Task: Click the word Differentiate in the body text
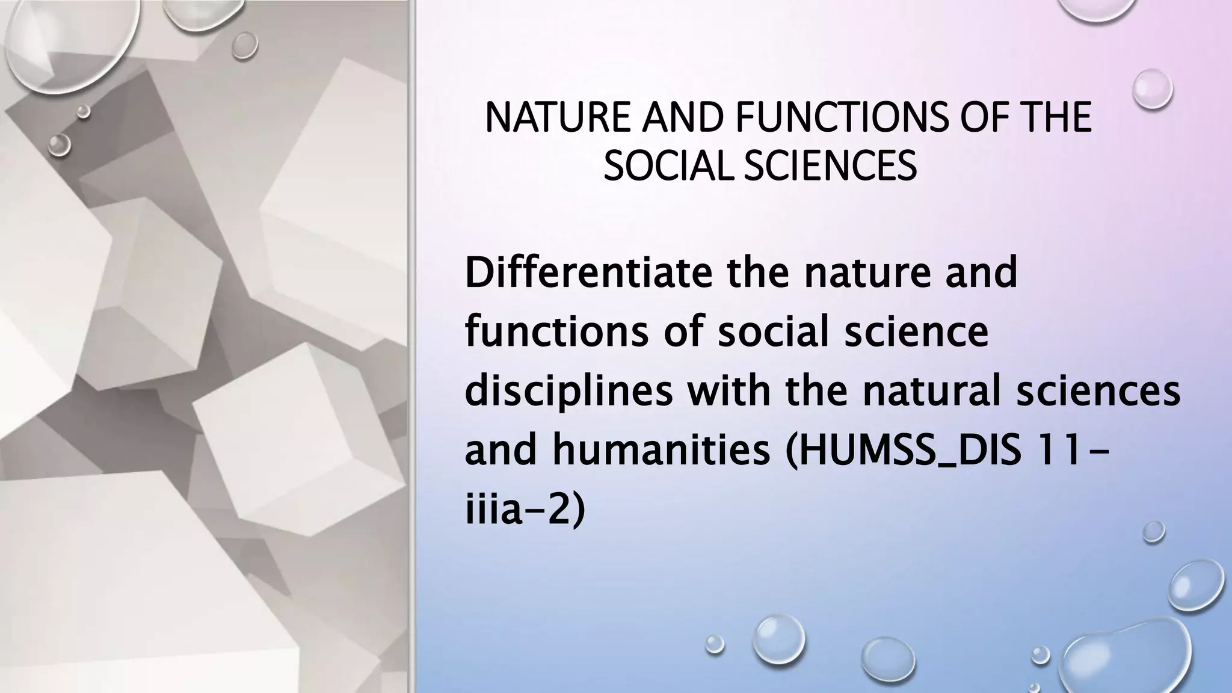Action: coord(590,273)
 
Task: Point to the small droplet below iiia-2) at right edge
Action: coord(1154,531)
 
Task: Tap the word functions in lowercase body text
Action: coord(556,331)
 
